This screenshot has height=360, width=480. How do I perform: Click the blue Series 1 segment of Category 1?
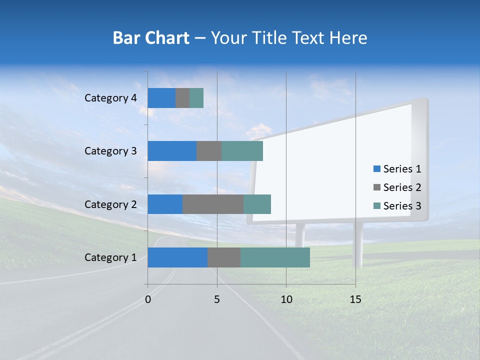177,257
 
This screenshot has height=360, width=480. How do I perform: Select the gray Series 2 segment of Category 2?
213,204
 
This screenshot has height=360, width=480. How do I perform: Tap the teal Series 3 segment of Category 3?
242,151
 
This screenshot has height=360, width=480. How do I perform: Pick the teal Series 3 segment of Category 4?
196,98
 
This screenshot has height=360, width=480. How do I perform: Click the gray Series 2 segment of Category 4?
182,98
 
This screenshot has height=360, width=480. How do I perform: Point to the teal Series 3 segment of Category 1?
275,257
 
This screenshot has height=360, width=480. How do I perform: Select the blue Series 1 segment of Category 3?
172,151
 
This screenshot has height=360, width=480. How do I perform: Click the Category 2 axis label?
110,204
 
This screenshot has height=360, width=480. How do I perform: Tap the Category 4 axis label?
110,98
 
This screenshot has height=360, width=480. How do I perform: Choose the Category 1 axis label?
110,257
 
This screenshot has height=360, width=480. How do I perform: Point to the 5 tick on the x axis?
217,299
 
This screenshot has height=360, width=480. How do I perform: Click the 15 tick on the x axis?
355,299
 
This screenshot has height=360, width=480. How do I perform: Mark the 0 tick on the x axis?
148,299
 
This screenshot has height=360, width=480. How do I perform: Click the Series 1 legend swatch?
376,169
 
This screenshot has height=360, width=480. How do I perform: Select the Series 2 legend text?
402,187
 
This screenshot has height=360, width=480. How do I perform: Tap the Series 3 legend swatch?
376,206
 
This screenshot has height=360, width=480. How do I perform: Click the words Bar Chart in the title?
151,38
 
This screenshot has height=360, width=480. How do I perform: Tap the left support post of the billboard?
300,235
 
